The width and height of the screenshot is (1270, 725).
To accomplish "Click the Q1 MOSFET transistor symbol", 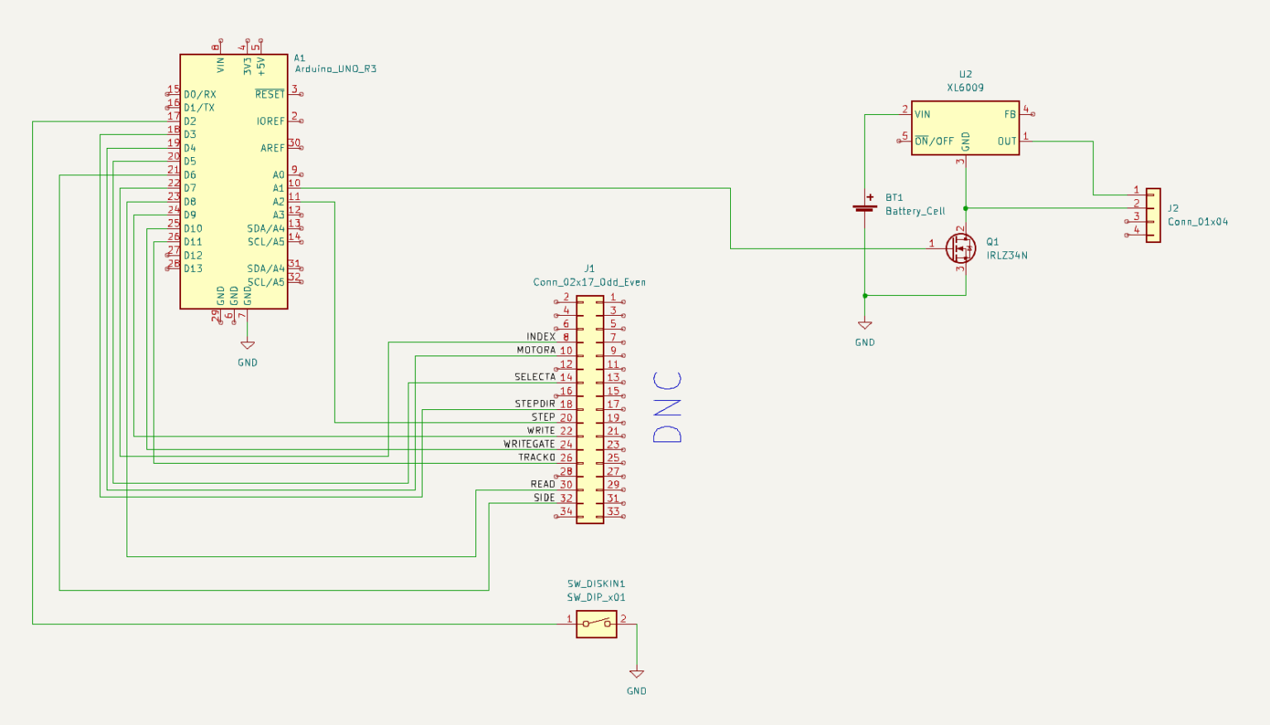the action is click(x=961, y=248).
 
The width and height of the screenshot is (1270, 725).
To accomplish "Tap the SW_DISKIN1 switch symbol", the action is click(x=596, y=624).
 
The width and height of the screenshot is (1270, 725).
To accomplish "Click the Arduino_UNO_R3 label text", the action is click(x=336, y=69).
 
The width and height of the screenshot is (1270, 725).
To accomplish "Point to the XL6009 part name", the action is click(x=965, y=88).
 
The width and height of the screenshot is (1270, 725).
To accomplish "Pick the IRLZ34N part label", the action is click(x=1007, y=255).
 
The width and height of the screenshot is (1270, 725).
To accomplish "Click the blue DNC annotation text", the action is click(x=667, y=407).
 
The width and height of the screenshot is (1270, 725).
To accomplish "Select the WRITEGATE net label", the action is click(x=529, y=445).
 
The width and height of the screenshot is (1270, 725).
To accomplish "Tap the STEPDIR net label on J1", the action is click(x=535, y=404).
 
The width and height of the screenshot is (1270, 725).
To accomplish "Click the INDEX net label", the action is click(x=541, y=336).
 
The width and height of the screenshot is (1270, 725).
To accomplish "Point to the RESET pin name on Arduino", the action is click(x=270, y=94).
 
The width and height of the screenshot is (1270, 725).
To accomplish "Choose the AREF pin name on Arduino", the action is click(x=273, y=148).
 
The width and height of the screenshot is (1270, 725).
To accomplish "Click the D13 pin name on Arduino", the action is click(x=193, y=269).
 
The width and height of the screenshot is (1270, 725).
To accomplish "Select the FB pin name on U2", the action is click(x=1010, y=115).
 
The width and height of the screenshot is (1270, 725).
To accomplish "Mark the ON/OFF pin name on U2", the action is click(x=934, y=141).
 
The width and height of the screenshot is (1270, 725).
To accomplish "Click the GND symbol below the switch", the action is click(x=637, y=674).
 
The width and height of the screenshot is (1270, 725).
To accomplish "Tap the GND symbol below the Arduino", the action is click(x=248, y=346).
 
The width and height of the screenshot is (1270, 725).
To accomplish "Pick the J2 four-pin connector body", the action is click(x=1153, y=216).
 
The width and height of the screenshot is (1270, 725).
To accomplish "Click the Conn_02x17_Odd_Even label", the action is click(x=589, y=282).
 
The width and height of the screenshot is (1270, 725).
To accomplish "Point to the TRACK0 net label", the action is click(x=537, y=457).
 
